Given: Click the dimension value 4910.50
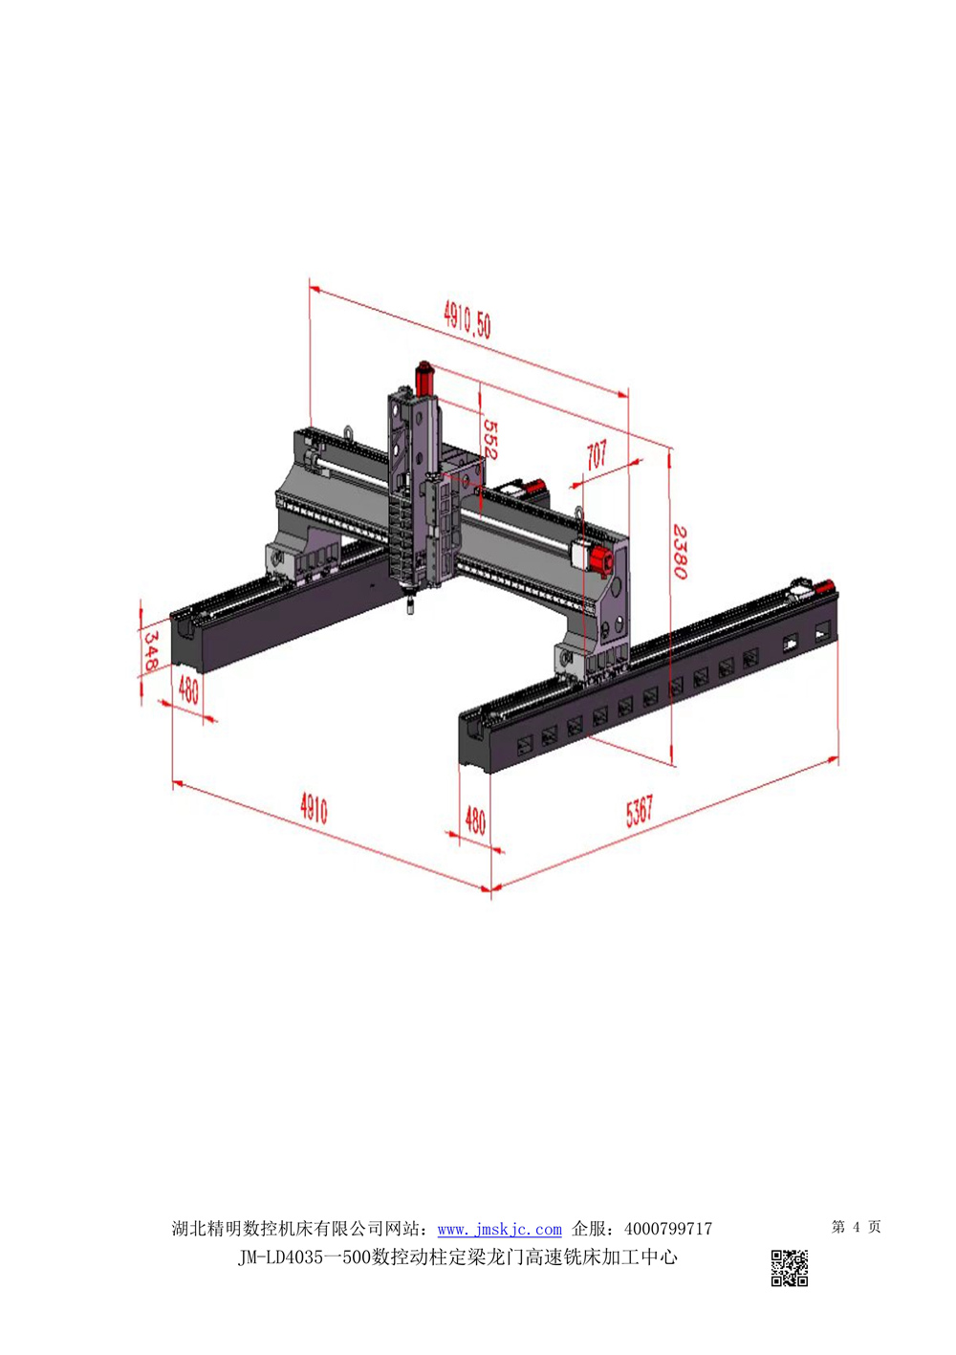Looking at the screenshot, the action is point(467,320).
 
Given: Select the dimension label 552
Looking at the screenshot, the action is point(489,440).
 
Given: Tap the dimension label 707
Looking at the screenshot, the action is point(597,454).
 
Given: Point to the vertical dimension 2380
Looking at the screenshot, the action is point(681,552).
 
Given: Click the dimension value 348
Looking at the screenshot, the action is point(150,651).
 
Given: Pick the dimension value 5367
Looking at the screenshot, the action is point(639,810).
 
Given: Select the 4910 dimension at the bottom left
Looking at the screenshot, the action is point(314,809).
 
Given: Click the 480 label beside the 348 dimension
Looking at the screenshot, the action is point(188,689).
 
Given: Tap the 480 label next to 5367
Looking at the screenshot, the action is point(475,820).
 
